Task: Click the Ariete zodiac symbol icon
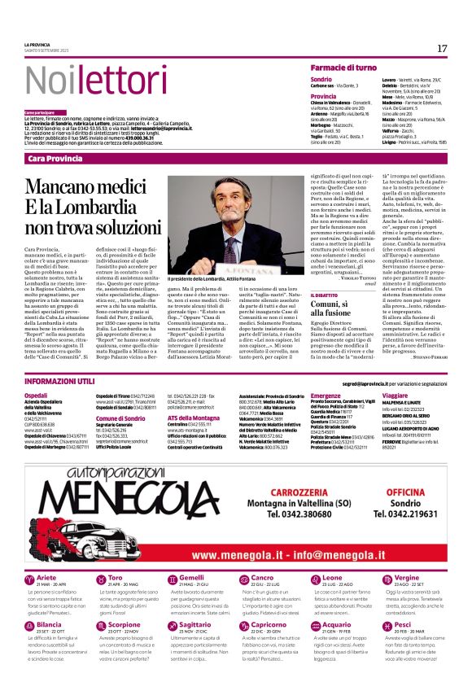[29, 579]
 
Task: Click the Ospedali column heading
[37, 395]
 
